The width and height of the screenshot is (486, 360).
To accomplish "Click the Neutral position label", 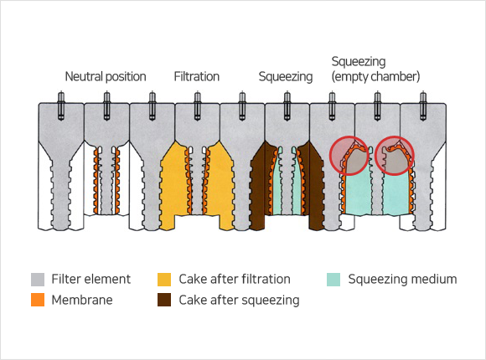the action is point(106,76).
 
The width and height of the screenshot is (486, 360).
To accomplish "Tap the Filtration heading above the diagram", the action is point(197,76).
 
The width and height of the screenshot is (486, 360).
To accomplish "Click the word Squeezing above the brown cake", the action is point(286,77).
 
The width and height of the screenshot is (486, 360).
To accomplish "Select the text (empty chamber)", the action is point(375,76).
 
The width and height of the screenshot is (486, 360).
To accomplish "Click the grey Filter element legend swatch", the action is point(38,280).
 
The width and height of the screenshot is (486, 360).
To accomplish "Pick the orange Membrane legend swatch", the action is point(38,300).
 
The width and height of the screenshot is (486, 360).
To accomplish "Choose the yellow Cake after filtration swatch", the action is point(164,280).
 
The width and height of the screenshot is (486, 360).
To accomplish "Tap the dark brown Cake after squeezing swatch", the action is point(164,300).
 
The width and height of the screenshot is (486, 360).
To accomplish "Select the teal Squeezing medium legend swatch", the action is point(333,280).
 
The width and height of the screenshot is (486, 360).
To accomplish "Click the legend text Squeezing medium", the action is point(402,280).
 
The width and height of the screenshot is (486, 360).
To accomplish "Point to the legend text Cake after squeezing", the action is point(239,301).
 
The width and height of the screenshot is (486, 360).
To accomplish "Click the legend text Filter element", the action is point(90,279).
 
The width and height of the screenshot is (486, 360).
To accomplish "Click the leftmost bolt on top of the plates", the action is point(61,106).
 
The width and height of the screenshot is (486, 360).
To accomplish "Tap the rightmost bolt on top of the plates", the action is point(423,106).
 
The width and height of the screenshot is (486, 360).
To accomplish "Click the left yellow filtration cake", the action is point(173,186).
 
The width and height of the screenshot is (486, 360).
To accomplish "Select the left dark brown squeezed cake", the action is point(259,186).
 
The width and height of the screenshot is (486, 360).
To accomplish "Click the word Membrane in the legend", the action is point(82,300).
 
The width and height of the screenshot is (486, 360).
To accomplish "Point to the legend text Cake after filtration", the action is point(235,279).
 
